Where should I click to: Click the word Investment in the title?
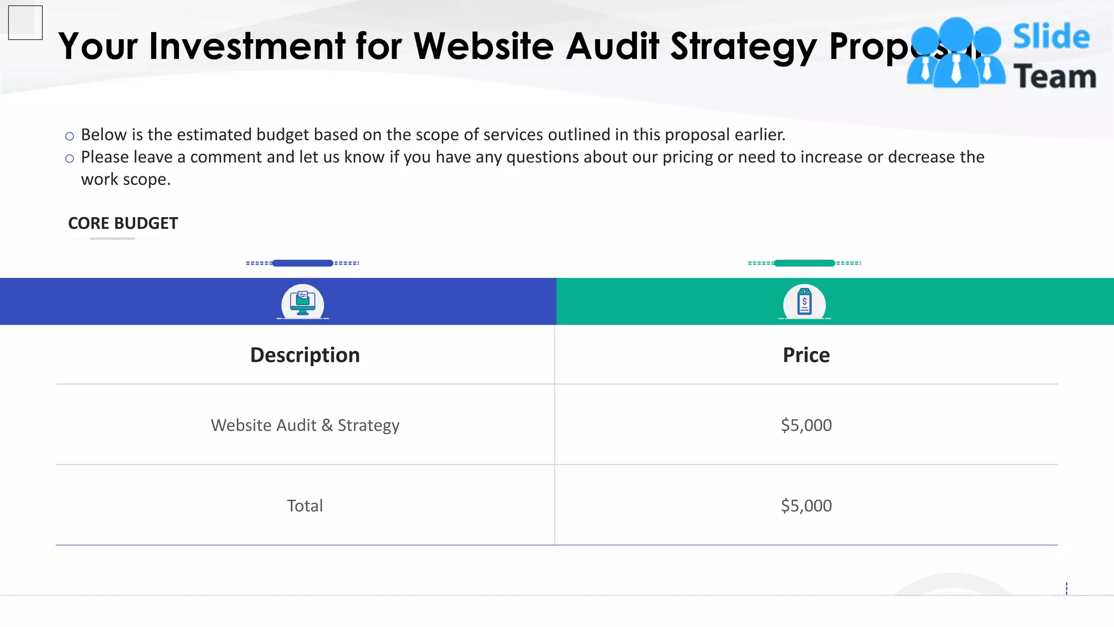pos(247,46)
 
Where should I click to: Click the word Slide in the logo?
pos(1051,37)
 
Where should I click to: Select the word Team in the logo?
pos(1054,76)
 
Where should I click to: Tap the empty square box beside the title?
pos(26,23)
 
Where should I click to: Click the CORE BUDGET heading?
pos(123,223)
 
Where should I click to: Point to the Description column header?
pos(305,355)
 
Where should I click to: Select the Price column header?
pos(806,355)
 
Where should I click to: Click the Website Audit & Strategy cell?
pos(305,425)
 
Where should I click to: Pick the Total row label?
pos(305,506)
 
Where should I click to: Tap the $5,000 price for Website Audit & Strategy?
pos(806,425)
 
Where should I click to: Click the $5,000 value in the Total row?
pos(806,506)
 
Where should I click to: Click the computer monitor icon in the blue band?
pos(302,303)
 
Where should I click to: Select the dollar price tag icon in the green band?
pos(804,302)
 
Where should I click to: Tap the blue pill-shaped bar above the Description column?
pos(302,263)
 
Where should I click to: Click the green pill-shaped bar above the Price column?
pos(804,263)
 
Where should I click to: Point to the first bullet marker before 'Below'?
pos(70,136)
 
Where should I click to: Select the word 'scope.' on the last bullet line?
pos(146,180)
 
